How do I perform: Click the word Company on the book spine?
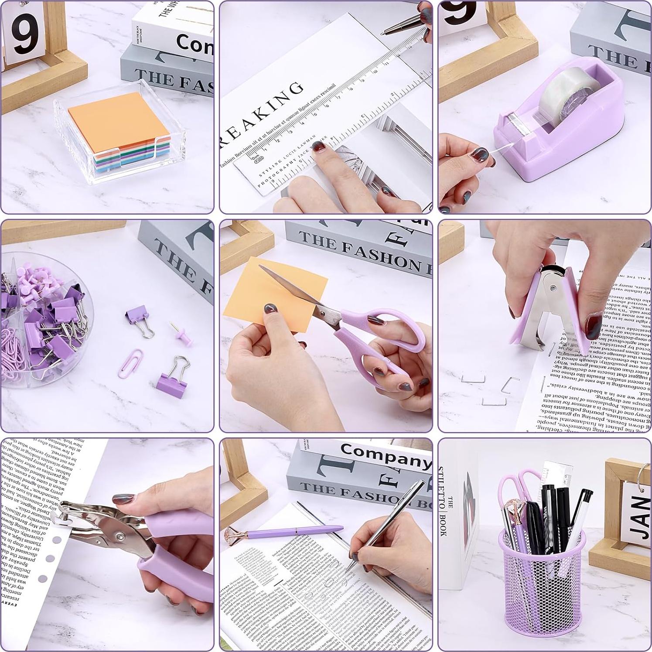[x=384, y=456]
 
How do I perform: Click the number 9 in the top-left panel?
[x=24, y=35]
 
